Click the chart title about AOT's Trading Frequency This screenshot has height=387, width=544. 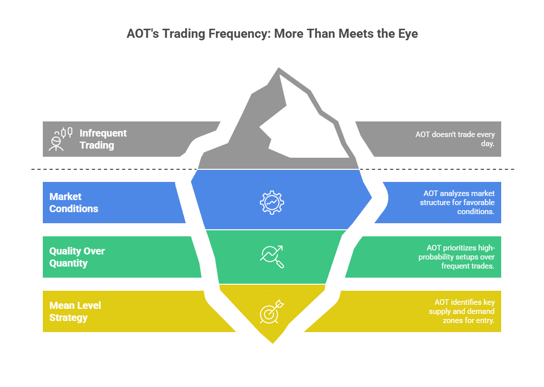[272, 34]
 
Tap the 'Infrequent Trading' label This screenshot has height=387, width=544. [103, 139]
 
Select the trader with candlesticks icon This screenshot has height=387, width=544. [60, 139]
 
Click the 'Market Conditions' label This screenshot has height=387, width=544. [74, 203]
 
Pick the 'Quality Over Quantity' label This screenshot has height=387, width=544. [77, 257]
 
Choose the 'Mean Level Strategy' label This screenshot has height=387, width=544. [75, 311]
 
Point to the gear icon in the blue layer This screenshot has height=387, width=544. [272, 203]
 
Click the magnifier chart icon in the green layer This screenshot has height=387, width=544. [272, 257]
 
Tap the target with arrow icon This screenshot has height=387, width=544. [272, 311]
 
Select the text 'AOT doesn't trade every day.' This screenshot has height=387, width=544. [455, 139]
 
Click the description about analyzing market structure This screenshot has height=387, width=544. [457, 203]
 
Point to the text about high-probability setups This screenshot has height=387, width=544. [456, 257]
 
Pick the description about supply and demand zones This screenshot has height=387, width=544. [462, 311]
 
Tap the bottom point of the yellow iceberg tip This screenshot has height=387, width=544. [273, 344]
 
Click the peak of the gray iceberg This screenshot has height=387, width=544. [279, 68]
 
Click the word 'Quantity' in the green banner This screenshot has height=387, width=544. [69, 263]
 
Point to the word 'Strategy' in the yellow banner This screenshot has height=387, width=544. [69, 317]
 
